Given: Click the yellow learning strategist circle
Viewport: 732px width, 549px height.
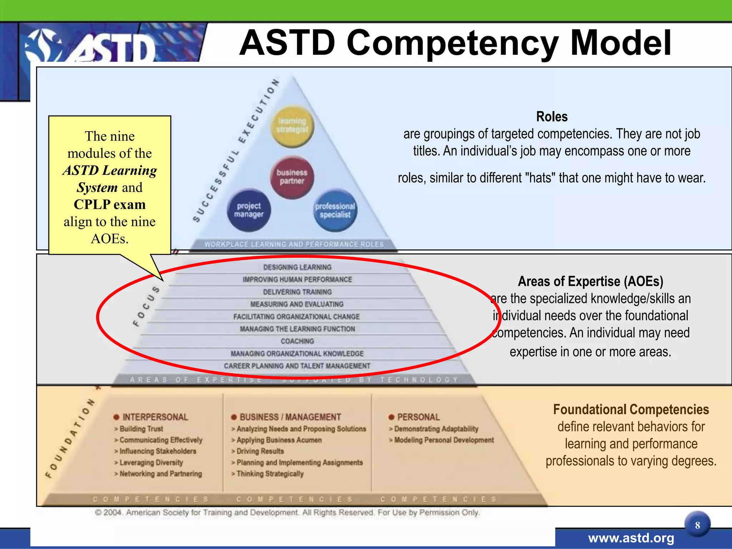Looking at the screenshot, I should [292, 126].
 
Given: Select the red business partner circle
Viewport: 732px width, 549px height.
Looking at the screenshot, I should [292, 177].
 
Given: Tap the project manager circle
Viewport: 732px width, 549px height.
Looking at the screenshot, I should [249, 210].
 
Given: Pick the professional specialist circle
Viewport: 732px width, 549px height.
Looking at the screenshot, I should [335, 211].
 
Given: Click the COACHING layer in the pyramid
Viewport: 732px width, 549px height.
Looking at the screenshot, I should [297, 341].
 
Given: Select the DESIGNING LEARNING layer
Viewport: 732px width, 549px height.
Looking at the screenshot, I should [297, 267].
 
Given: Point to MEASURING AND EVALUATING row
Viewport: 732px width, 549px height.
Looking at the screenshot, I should [297, 304].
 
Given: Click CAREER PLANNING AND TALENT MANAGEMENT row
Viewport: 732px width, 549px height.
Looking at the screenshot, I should [297, 366].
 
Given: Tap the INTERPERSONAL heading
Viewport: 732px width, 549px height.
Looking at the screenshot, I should [155, 417].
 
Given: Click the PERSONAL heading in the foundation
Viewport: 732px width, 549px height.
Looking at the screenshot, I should [418, 417].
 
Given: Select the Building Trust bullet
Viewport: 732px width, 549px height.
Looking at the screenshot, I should [141, 429].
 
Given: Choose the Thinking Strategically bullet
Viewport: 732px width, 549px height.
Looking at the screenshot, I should [270, 474].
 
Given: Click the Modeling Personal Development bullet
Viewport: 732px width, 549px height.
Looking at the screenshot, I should [444, 440].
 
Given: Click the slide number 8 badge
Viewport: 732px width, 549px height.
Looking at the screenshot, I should [697, 525].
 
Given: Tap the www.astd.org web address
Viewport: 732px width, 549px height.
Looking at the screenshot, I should [631, 538].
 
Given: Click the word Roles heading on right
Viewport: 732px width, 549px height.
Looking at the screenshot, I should [552, 117].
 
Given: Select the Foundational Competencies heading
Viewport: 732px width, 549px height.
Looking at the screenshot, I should [631, 410].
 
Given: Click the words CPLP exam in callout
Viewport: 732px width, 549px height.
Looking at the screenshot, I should [110, 204].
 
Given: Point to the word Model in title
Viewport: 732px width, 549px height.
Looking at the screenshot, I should [621, 43].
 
